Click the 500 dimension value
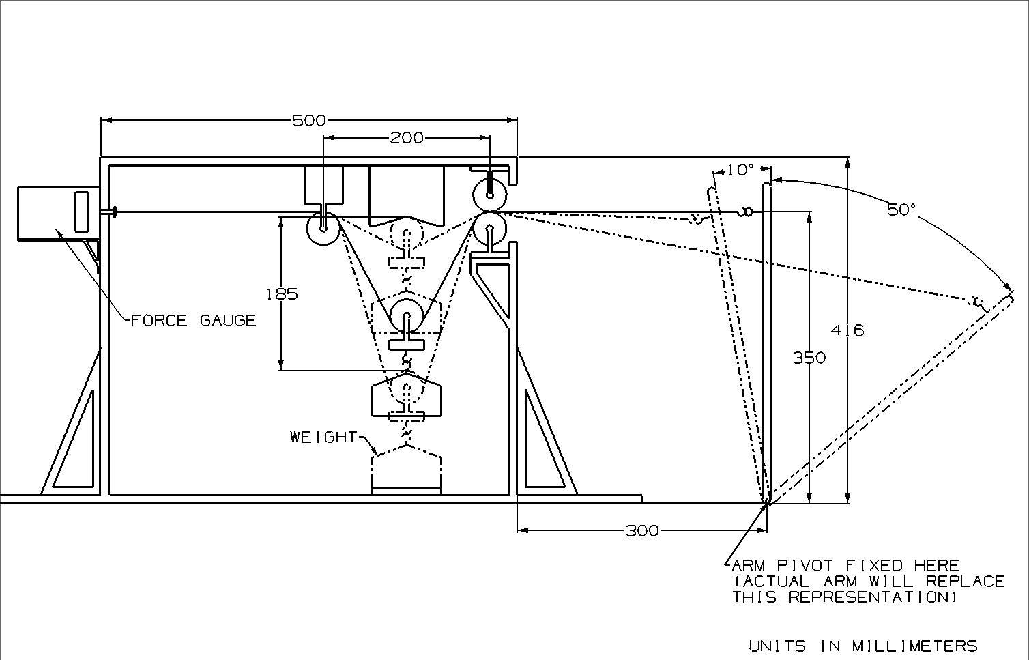[x=308, y=121]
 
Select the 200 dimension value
[x=406, y=138]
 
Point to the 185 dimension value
[x=282, y=294]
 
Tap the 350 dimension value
[x=809, y=358]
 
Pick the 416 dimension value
[x=847, y=330]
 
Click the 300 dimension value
[x=642, y=530]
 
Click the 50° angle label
[x=901, y=210]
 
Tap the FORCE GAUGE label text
[x=193, y=320]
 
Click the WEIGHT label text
[x=323, y=437]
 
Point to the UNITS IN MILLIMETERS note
[x=863, y=646]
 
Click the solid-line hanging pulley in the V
[x=407, y=316]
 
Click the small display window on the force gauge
[x=81, y=211]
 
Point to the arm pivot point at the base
[x=766, y=502]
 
